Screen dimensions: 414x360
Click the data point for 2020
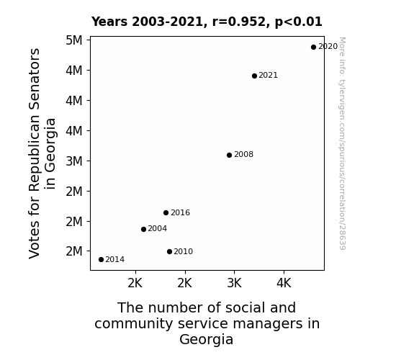click(313, 48)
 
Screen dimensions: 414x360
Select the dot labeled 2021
click(254, 76)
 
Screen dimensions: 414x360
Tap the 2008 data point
click(229, 155)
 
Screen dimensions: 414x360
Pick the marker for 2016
click(166, 212)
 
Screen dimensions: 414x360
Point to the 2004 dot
click(143, 229)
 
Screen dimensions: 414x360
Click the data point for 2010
click(169, 252)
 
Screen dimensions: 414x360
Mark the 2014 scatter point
click(101, 260)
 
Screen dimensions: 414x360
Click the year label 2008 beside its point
click(243, 154)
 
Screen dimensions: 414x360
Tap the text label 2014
click(115, 259)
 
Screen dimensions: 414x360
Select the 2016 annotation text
click(180, 212)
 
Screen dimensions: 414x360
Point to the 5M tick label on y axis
click(74, 40)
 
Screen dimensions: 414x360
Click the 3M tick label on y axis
click(74, 161)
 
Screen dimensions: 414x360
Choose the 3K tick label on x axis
click(235, 283)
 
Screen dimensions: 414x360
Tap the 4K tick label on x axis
click(284, 283)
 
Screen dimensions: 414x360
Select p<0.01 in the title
click(299, 22)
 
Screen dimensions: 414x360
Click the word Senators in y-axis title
click(35, 79)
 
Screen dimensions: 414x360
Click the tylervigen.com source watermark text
click(342, 143)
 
